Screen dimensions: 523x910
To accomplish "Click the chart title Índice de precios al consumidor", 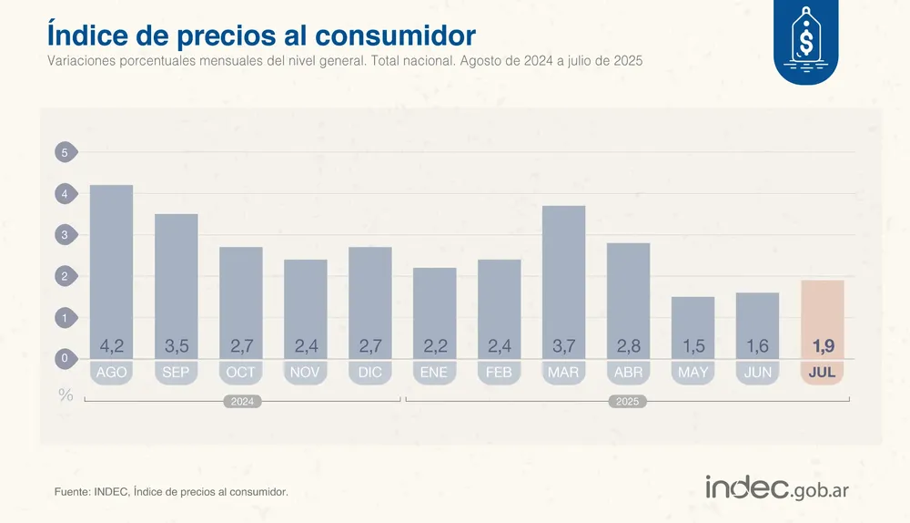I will click(x=260, y=35).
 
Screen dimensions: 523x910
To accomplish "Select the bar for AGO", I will click(x=111, y=264).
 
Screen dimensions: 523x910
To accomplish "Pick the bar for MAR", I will click(x=564, y=273).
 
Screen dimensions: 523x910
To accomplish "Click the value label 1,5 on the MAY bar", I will click(x=693, y=347).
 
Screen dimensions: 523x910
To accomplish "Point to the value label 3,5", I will click(x=176, y=347).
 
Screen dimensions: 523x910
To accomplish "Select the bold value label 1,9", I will click(x=823, y=347).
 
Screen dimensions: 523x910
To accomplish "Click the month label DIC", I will click(x=370, y=373).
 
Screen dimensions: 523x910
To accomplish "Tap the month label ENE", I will click(x=435, y=373).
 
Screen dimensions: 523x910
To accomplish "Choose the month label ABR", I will click(x=629, y=373).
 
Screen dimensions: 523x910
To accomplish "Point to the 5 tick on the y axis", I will click(x=65, y=153).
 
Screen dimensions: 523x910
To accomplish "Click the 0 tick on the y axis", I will click(x=65, y=359).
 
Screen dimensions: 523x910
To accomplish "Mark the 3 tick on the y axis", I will click(x=65, y=235).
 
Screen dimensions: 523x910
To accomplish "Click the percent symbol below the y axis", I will click(x=66, y=395).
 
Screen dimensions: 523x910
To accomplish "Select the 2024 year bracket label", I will click(x=242, y=402).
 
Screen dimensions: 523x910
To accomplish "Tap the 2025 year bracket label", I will click(x=627, y=402).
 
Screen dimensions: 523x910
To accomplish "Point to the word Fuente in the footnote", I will click(x=73, y=492).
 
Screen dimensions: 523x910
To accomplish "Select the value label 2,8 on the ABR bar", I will click(x=629, y=347).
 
